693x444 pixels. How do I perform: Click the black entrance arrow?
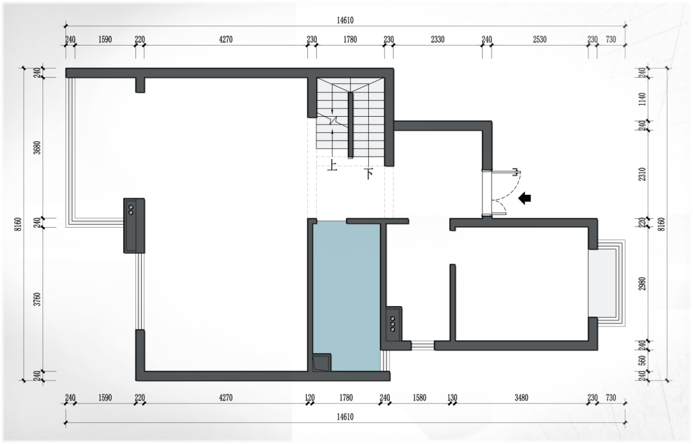tap(525, 198)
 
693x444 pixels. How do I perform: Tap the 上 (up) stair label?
tap(332, 166)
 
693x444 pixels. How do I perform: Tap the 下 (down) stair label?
tap(368, 173)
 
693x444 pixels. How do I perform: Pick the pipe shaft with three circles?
tap(393, 324)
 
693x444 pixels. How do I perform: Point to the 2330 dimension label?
tap(438, 39)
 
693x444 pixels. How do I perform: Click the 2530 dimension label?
tap(540, 39)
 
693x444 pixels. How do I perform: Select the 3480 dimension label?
tap(522, 398)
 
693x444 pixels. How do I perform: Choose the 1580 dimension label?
tap(420, 398)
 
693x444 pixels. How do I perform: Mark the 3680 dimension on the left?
tap(37, 147)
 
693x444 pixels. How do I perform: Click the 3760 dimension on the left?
tap(37, 299)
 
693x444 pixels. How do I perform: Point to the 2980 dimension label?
tap(642, 284)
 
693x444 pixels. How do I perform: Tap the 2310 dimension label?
tap(642, 174)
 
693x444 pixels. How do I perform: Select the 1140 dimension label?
tap(642, 99)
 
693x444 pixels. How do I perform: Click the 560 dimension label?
tap(642, 361)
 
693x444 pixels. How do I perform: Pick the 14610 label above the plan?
tap(345, 21)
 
